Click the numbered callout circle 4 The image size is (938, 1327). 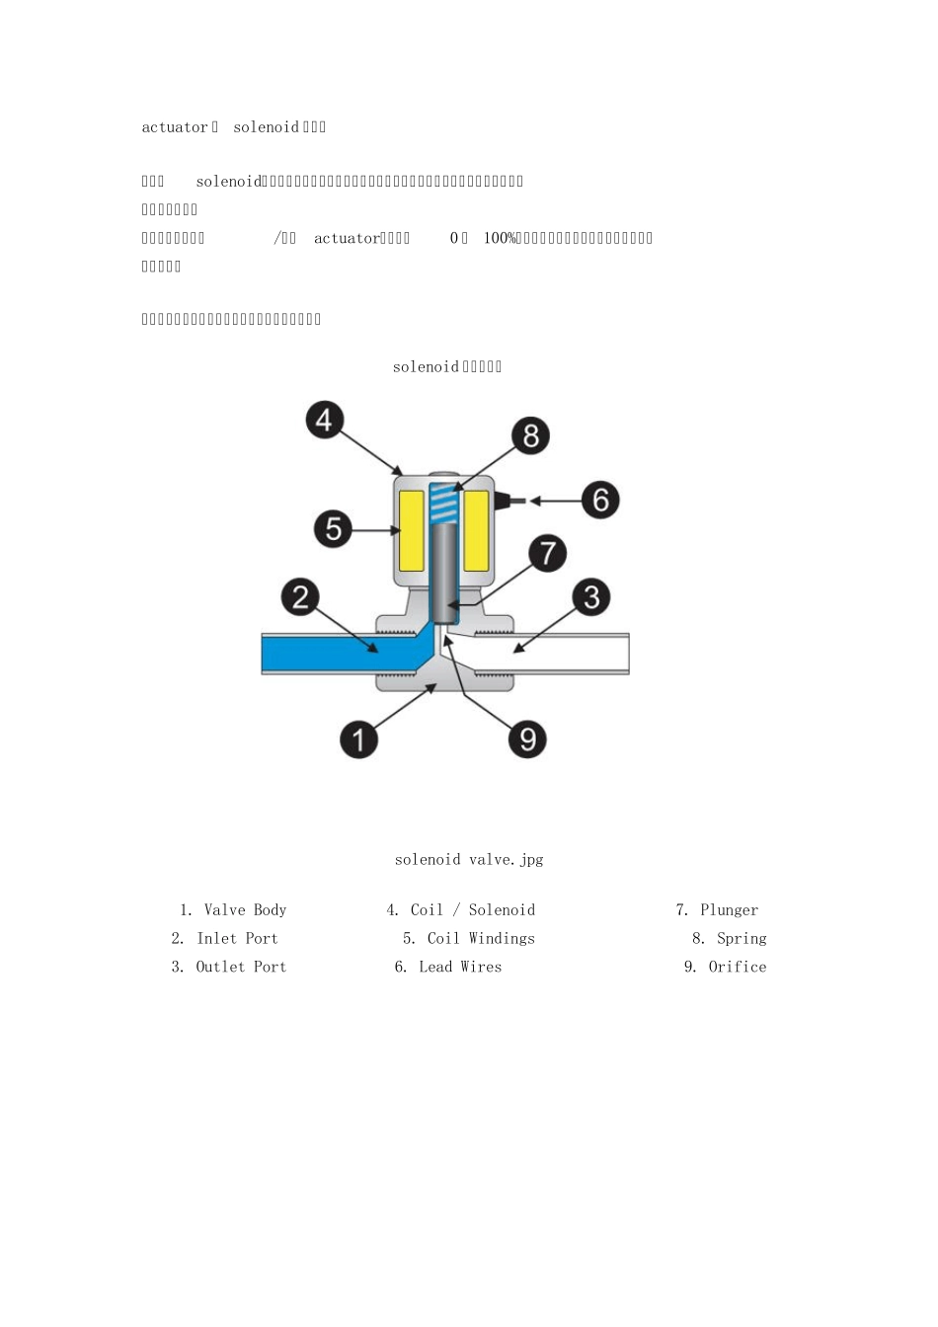click(x=324, y=421)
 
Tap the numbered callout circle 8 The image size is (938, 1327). click(x=530, y=435)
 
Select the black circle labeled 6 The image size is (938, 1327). click(x=600, y=500)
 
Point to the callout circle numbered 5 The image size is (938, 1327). click(x=334, y=529)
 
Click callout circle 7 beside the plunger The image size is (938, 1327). click(x=547, y=553)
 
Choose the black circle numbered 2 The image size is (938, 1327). click(x=301, y=597)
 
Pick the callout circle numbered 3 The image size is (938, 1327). click(x=591, y=597)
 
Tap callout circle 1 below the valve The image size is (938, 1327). click(x=358, y=739)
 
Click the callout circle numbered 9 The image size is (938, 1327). click(x=527, y=739)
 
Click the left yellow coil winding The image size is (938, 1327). click(x=412, y=530)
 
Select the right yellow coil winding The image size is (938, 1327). click(x=476, y=530)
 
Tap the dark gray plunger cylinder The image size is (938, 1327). click(x=444, y=568)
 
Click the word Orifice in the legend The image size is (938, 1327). click(x=737, y=968)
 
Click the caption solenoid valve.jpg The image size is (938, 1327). click(x=469, y=860)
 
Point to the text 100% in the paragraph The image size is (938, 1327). click(x=500, y=238)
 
